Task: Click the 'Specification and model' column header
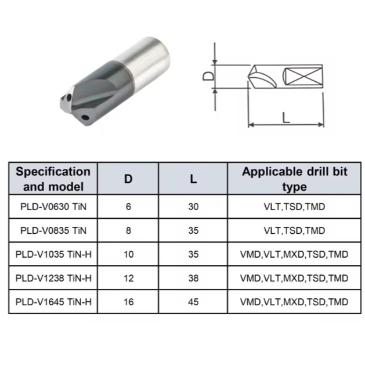click(53, 179)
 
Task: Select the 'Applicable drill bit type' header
click(294, 179)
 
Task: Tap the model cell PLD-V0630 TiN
click(53, 207)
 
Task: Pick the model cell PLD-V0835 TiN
click(53, 230)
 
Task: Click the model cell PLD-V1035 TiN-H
click(53, 254)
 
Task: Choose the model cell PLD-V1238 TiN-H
click(53, 278)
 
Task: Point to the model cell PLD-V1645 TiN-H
click(53, 302)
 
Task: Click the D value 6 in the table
click(128, 207)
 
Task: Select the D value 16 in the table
click(128, 302)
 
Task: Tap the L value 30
click(193, 207)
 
